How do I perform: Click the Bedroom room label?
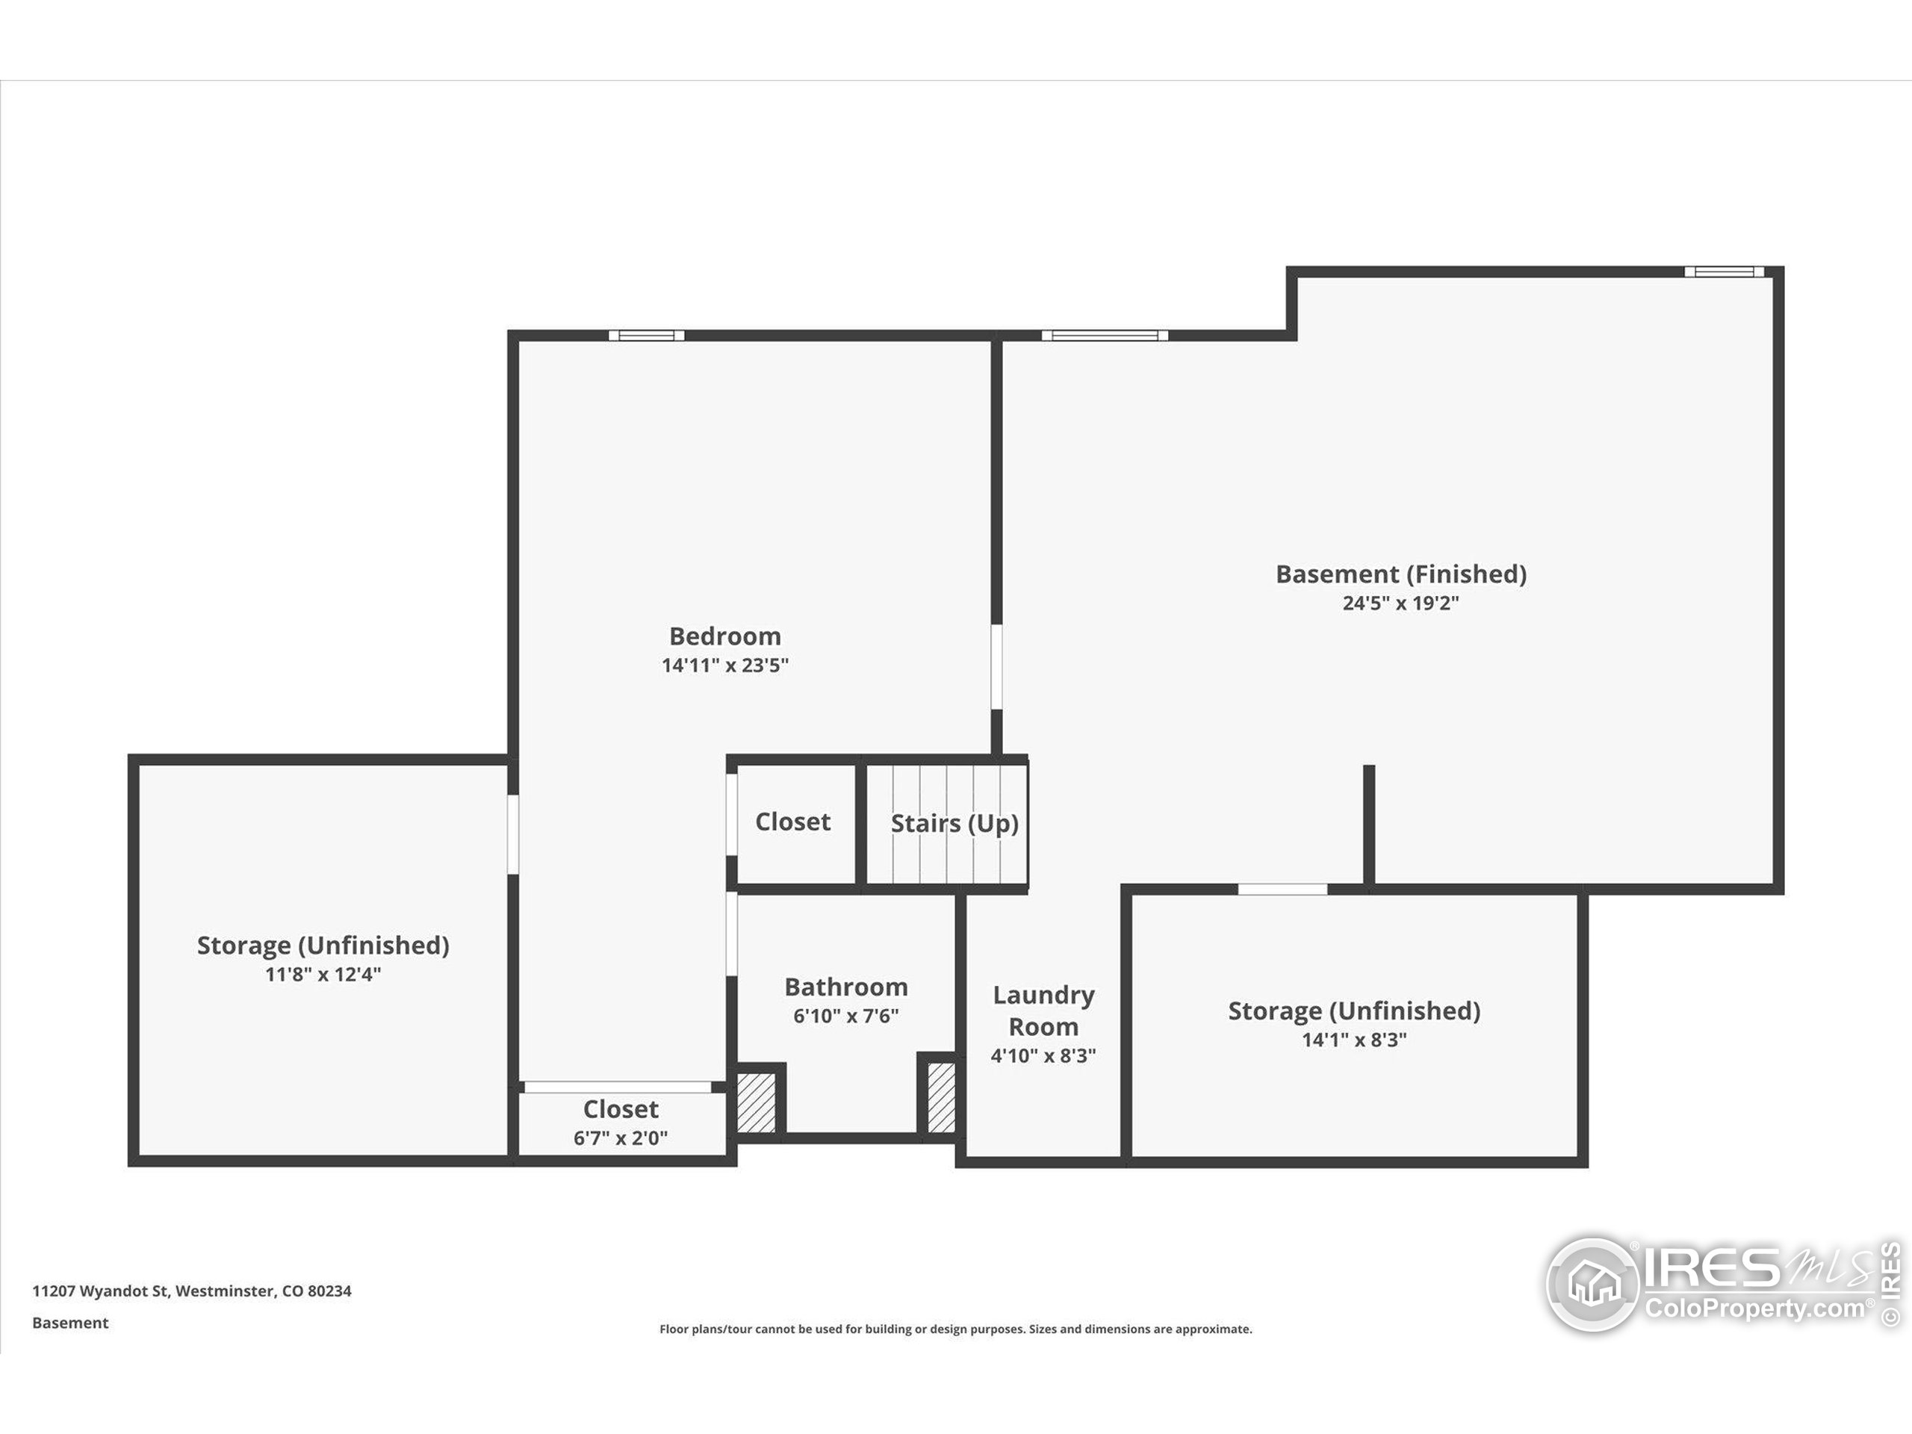point(725,636)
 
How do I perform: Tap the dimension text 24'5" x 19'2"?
point(1400,603)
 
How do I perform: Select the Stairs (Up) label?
point(955,824)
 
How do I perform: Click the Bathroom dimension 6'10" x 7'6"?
point(846,1016)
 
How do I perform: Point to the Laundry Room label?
point(1043,1011)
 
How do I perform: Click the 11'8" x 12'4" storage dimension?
point(323,974)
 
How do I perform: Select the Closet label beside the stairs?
point(792,821)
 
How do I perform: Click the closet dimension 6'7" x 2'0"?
point(621,1137)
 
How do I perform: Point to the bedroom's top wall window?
point(647,335)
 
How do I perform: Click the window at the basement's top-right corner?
point(1724,271)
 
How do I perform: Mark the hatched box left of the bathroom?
point(757,1102)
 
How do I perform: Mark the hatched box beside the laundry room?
point(941,1097)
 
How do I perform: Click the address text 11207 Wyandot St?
point(100,1291)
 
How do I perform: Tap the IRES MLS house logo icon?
point(1593,1284)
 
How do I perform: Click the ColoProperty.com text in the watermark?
point(1754,1308)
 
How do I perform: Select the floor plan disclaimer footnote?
point(956,1329)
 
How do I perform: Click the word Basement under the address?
point(70,1323)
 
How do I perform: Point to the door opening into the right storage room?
point(1282,890)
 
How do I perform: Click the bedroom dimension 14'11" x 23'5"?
point(725,665)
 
